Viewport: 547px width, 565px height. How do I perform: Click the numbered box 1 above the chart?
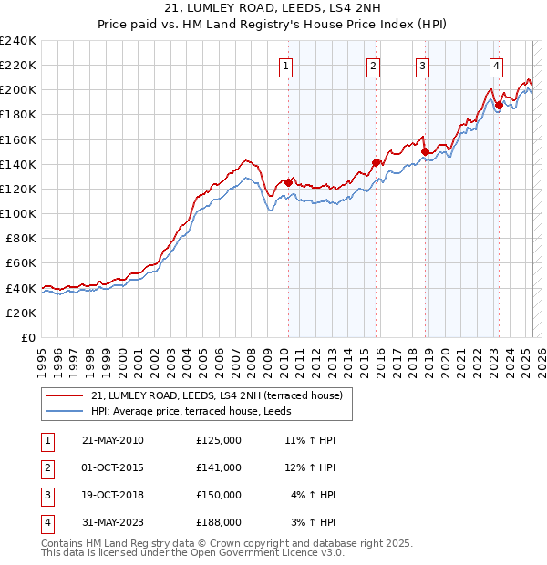286,66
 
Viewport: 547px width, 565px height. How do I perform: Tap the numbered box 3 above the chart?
423,66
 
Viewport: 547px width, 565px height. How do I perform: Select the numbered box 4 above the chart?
496,66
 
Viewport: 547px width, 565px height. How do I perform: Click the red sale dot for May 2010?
288,182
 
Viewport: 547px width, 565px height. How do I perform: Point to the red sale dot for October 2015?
376,163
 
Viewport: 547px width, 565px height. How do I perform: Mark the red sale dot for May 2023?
499,105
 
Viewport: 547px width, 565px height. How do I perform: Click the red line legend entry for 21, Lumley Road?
216,395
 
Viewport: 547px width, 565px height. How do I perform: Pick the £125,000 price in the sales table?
219,440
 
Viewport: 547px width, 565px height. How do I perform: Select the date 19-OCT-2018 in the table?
113,495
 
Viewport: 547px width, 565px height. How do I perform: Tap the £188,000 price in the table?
219,522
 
